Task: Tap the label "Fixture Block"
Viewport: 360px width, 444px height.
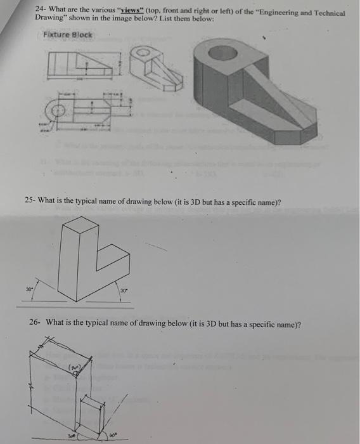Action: (x=67, y=35)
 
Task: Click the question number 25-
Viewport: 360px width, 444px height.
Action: (x=30, y=201)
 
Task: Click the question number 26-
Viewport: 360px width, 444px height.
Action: (x=35, y=323)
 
